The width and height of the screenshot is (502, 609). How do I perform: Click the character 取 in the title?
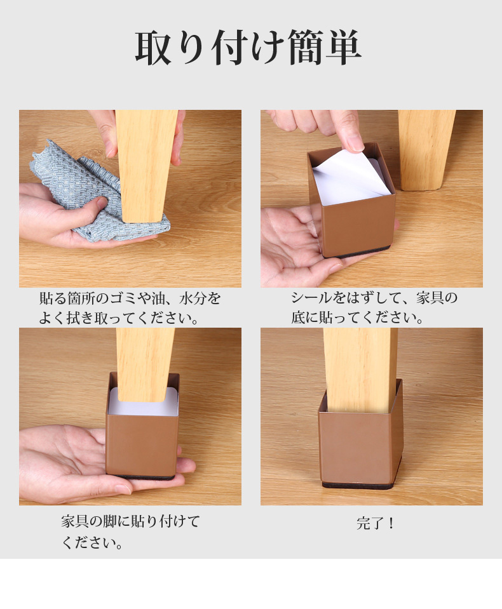click(x=154, y=48)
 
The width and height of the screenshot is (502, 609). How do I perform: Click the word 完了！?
click(x=376, y=523)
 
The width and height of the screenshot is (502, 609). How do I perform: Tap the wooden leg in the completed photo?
click(x=360, y=369)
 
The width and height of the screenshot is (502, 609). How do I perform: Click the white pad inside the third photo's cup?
click(x=143, y=404)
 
